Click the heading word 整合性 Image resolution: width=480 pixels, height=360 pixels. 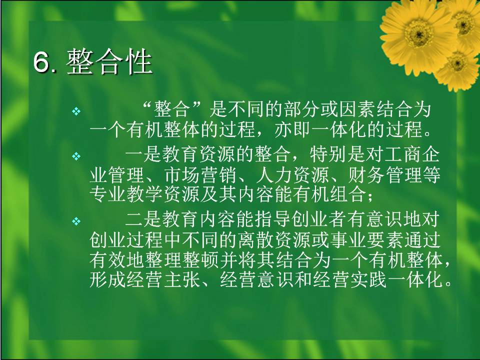point(109,62)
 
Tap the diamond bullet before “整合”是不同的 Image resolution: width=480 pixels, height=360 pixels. point(76,111)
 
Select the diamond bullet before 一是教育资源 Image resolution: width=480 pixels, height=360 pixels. point(76,156)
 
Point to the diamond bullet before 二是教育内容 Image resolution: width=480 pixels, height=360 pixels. point(76,220)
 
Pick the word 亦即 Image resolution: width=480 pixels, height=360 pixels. point(293,130)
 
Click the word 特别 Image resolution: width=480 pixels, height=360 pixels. point(328,155)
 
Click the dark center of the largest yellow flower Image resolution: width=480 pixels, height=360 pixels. point(419,33)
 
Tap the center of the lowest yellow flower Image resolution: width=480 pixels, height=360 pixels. point(457,63)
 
